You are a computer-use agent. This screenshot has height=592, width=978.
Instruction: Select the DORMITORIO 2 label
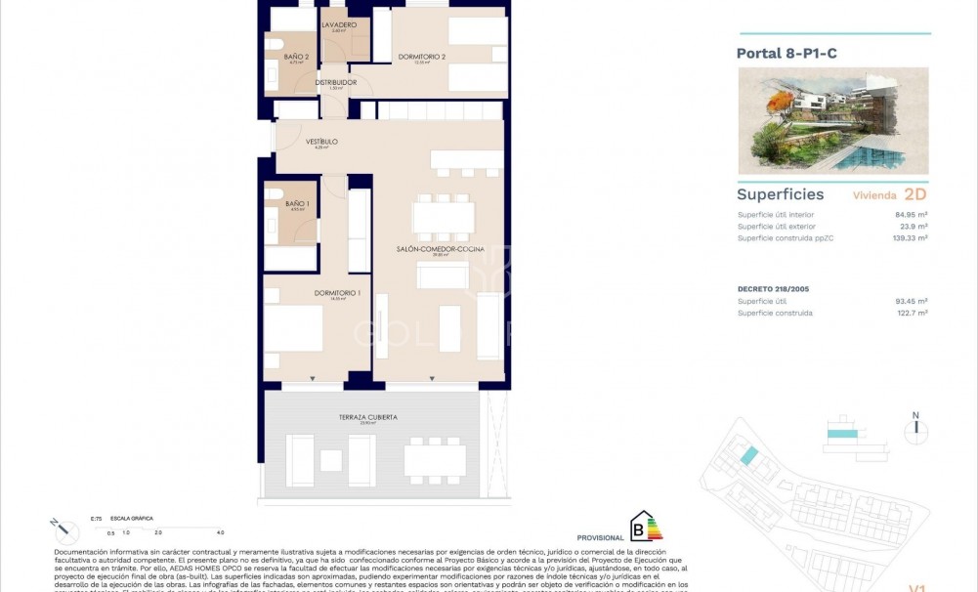[422, 57]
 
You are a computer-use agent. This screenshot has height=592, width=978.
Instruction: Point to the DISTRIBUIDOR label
[335, 82]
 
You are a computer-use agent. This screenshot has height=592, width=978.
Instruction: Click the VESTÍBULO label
[321, 142]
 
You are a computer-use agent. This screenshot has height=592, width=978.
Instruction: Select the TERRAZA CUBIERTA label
[368, 417]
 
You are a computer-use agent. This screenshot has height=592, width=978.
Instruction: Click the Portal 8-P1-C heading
[787, 54]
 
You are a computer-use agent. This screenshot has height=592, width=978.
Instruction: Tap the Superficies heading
[780, 194]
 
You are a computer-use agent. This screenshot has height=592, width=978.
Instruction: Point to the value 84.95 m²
[912, 215]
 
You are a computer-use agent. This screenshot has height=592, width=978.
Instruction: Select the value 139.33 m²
[909, 237]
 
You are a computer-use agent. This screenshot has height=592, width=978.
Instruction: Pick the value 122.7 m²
[912, 313]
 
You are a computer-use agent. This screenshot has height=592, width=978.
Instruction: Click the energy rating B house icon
[646, 527]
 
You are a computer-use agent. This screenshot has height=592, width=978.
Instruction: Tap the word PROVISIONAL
[600, 537]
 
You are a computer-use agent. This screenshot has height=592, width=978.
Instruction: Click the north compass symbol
[915, 429]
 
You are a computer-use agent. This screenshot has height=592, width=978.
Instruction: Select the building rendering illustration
[832, 120]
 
